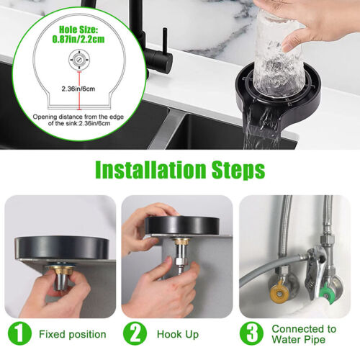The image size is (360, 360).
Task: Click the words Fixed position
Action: point(73,335)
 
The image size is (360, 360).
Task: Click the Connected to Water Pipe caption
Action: point(303,335)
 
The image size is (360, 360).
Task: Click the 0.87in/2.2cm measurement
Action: point(76,42)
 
